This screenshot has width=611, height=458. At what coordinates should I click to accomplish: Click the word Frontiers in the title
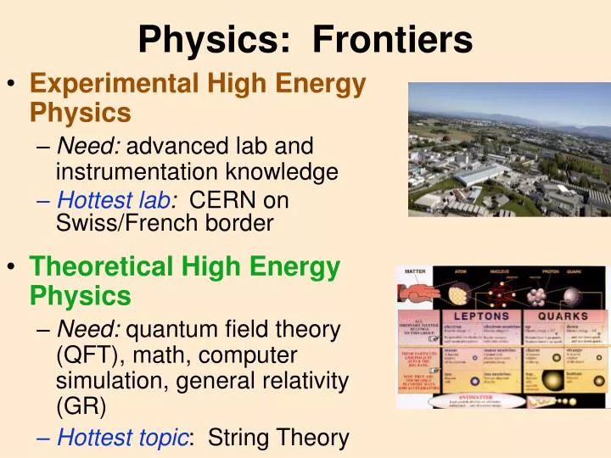point(392,38)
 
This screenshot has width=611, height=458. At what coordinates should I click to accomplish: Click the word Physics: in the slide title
point(215,38)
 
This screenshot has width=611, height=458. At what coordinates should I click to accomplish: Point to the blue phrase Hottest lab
point(114,201)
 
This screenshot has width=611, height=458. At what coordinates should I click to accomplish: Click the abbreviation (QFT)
point(88,355)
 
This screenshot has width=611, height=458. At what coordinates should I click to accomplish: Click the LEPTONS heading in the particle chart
point(485,316)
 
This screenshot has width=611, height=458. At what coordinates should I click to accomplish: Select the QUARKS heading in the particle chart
point(569,316)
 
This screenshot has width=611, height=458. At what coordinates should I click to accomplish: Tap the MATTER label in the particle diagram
point(414,271)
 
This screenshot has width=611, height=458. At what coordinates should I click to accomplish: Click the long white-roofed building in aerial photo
point(484,176)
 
